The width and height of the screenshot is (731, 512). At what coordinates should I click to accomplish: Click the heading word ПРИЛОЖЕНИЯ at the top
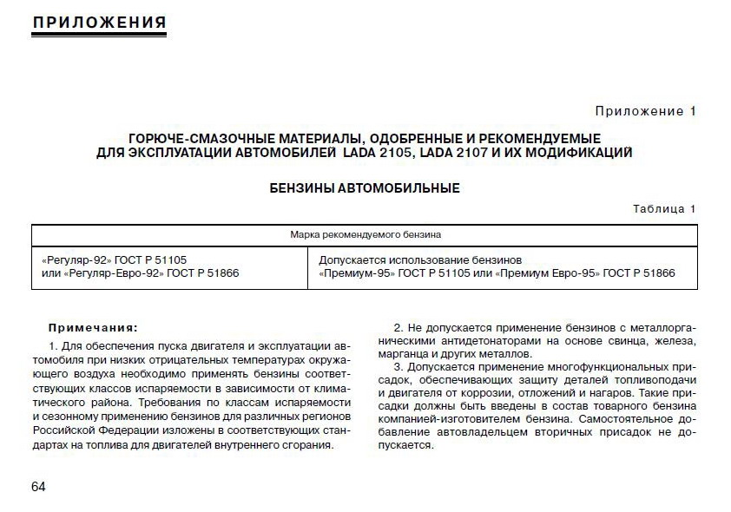(x=98, y=21)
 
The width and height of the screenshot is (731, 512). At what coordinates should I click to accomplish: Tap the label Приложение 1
(x=645, y=111)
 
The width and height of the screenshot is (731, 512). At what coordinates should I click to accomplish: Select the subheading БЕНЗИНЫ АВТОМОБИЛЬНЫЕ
(x=364, y=187)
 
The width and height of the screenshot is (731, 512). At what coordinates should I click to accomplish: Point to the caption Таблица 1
(x=664, y=209)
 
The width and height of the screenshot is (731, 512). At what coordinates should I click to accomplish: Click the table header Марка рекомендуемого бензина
(x=365, y=234)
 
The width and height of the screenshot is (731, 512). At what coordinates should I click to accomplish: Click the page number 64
(x=38, y=486)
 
